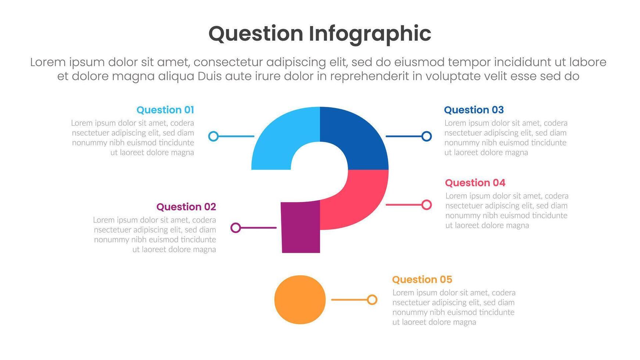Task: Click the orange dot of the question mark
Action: [300, 300]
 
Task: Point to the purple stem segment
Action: [301, 228]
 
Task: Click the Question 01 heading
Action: [165, 110]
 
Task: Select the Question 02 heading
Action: [186, 207]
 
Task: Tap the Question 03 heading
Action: [474, 110]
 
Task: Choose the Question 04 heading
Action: [475, 183]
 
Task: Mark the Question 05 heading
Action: [422, 280]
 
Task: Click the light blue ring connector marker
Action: [213, 136]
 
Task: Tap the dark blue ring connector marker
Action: [426, 136]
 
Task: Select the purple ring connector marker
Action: [235, 228]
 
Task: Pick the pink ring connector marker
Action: [426, 205]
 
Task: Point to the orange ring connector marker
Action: [372, 300]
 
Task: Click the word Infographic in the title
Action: [370, 34]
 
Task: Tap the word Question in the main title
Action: [256, 34]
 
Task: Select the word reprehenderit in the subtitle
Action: [369, 76]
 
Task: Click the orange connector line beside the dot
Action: [349, 300]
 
